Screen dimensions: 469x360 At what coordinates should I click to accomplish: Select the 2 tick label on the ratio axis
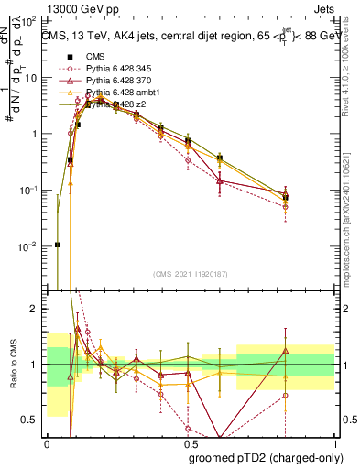click(x=35, y=309)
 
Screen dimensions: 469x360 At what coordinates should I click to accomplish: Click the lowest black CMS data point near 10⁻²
click(x=58, y=245)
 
